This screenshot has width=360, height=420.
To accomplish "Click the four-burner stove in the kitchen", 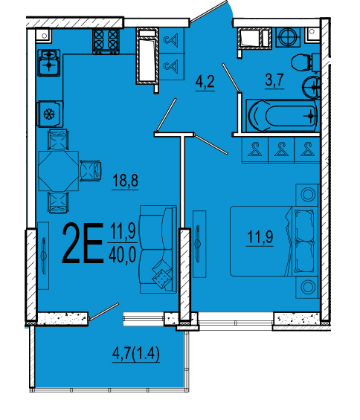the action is [x=106, y=41].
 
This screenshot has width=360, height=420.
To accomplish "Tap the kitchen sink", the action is [x=48, y=62].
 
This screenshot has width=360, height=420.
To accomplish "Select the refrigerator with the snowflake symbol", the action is [x=50, y=114].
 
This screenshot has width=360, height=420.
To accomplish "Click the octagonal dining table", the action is [x=59, y=171].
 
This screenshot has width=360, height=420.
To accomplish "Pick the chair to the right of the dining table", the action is [x=91, y=171].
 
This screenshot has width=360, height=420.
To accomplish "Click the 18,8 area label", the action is [x=125, y=181].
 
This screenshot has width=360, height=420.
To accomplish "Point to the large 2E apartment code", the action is [x=83, y=243].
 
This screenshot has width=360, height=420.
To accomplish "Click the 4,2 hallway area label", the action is [x=205, y=81].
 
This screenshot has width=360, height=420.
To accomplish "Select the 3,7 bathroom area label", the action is [x=274, y=80].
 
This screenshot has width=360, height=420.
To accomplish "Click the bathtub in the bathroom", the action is [x=283, y=116].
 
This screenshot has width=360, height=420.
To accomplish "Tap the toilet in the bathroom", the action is [x=305, y=63].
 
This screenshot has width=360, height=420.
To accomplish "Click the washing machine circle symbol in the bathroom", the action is [x=288, y=37].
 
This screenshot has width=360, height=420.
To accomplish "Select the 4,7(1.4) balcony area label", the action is [x=136, y=353].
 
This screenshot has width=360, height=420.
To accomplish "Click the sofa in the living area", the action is [x=158, y=249].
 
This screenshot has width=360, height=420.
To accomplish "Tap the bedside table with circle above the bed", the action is [x=307, y=195].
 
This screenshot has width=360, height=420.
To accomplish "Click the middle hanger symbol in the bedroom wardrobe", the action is [x=281, y=149].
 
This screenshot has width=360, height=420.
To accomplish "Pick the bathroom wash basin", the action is [x=311, y=86].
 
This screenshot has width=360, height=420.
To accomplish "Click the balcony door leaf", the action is [x=104, y=311].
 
